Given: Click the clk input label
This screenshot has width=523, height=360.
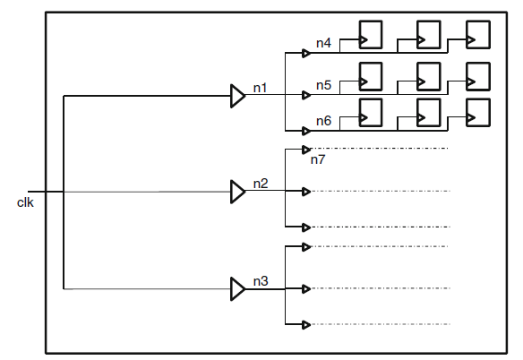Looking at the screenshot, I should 25,202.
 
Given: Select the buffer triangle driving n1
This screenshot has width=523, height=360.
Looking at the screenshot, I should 237,96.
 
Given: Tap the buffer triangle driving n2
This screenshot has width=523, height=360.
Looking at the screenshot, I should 237,192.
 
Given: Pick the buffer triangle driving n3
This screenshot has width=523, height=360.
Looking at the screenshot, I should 237,288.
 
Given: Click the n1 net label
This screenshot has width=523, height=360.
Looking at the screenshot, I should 261,88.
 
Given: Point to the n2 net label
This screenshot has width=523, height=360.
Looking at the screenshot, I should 261,184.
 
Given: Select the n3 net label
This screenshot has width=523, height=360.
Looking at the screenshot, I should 261,281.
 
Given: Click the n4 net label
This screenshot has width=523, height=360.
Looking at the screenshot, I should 323,43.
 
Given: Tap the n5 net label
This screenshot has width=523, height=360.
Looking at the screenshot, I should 323,85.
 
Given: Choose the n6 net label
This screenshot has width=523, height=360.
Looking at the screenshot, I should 323,121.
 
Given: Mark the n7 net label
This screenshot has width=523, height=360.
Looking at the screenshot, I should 318,159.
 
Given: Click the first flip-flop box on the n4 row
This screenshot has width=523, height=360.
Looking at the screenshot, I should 370,35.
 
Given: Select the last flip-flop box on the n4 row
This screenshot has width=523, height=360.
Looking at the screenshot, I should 479,35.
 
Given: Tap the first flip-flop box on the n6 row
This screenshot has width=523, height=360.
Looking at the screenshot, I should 370,111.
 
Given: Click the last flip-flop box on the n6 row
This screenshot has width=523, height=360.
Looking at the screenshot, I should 479,111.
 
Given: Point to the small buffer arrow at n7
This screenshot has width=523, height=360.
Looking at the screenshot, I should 306,149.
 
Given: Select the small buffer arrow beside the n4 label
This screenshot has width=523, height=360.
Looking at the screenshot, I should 306,53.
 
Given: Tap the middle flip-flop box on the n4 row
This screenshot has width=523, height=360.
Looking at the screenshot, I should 427,35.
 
